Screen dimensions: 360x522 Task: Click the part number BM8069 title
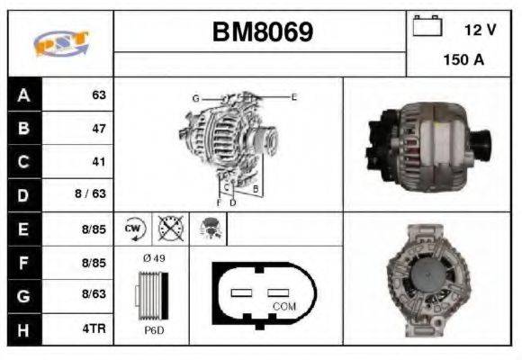[262, 31]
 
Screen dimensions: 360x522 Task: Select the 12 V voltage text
[480, 30]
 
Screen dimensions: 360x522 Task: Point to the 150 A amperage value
[463, 60]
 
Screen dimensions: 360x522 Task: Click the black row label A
[24, 94]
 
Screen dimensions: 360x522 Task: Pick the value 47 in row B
[99, 128]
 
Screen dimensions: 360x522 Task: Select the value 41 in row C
[99, 162]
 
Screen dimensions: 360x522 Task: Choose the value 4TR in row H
[95, 329]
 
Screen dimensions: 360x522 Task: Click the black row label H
[24, 329]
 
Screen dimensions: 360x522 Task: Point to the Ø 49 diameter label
[153, 258]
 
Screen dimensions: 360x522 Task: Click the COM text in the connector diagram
[283, 306]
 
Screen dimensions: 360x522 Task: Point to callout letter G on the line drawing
[194, 97]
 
